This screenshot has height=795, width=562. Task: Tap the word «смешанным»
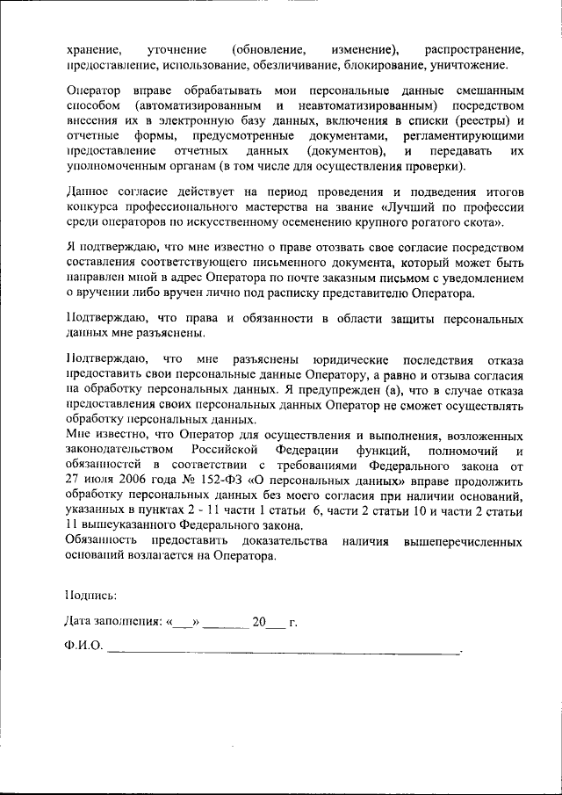click(486, 90)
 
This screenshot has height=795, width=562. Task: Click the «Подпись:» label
click(91, 595)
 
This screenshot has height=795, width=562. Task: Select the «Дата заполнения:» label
click(112, 622)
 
